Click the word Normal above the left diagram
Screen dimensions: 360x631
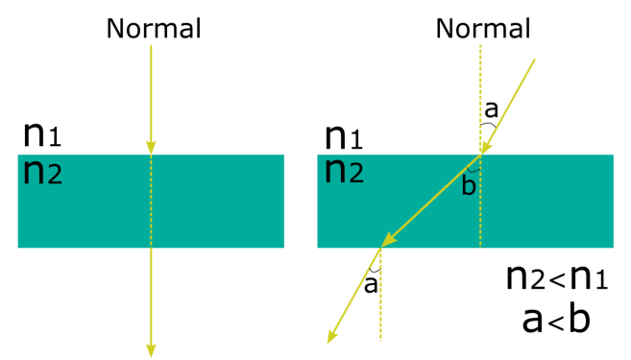[154, 29]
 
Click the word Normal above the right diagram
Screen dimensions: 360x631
[483, 29]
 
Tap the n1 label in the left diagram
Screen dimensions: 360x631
[42, 135]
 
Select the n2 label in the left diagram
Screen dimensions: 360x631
[42, 172]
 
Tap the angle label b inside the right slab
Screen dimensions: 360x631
[469, 184]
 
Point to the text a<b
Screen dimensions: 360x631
[555, 319]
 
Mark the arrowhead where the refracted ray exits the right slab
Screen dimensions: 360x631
[386, 241]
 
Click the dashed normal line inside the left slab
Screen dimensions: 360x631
[151, 202]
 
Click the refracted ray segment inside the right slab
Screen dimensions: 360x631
[432, 198]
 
